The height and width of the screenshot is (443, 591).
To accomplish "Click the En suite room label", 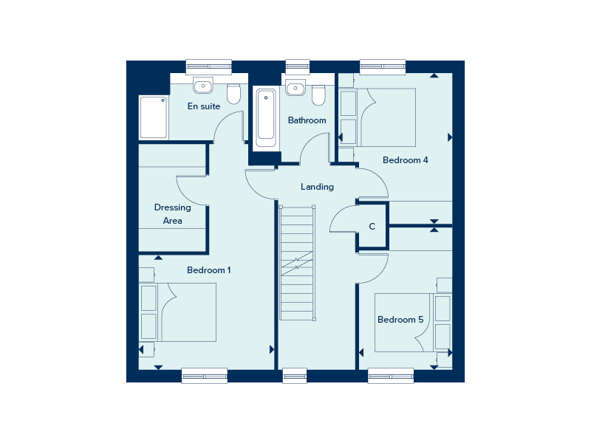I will [x=204, y=106].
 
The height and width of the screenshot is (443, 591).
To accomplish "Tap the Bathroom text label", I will [x=307, y=120].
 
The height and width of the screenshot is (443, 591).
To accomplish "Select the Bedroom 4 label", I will [x=405, y=160].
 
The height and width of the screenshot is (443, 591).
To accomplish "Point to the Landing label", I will [x=317, y=187].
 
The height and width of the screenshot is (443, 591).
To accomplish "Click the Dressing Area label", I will [x=172, y=214].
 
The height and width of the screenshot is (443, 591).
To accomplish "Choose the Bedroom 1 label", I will [x=208, y=270].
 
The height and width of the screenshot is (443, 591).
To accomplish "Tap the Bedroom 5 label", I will [x=400, y=320].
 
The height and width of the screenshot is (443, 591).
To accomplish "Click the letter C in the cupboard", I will [x=372, y=227].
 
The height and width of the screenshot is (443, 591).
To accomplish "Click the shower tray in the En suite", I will [x=154, y=117].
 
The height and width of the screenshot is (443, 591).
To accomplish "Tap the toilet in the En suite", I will [x=234, y=94].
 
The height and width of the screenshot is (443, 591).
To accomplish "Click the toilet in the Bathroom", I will [x=318, y=95].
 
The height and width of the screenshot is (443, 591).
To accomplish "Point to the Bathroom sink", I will [x=295, y=88].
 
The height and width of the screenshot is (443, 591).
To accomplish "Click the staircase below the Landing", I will [x=297, y=262].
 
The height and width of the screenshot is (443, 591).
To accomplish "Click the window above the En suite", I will [x=208, y=66].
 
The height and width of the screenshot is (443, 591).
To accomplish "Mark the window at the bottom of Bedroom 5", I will [x=391, y=376].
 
